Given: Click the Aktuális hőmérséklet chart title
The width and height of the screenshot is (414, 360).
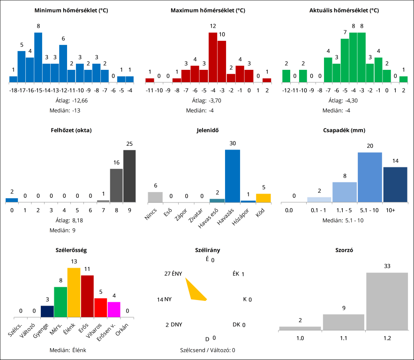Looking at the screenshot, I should (344, 10).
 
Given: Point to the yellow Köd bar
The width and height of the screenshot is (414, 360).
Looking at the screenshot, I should (263, 198).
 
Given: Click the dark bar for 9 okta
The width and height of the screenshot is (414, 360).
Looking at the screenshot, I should (129, 176).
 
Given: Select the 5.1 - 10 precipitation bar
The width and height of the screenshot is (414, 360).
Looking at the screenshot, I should (370, 177).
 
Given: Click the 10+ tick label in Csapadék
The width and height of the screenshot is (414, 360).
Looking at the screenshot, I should (390, 210).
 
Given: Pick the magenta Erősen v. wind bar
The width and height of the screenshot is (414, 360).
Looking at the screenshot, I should (114, 309).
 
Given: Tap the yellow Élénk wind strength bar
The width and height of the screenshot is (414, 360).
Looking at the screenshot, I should (74, 292).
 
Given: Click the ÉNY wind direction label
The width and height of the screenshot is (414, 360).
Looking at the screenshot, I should (177, 274).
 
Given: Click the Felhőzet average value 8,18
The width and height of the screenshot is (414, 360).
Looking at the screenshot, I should (77, 220).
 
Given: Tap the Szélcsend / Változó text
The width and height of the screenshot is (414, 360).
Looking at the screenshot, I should (207, 350).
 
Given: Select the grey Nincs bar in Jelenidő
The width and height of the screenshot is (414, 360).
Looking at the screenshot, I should (155, 197).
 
